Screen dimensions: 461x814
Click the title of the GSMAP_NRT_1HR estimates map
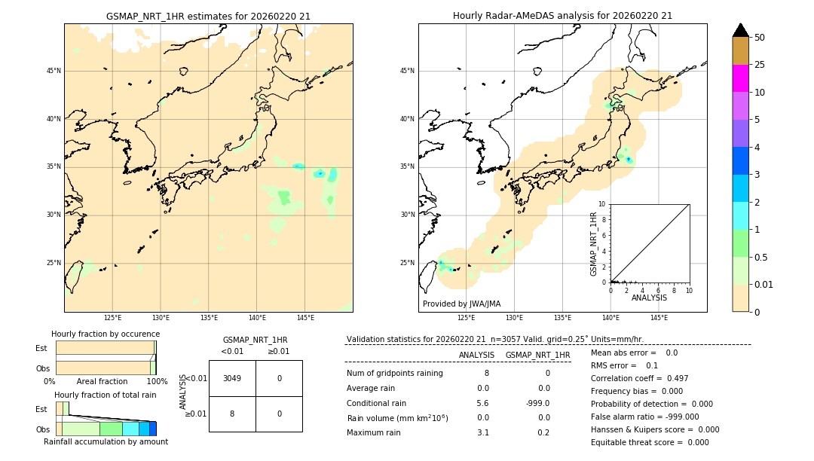pyautogui.click(x=208, y=16)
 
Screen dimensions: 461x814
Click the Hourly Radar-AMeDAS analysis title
pyautogui.click(x=562, y=16)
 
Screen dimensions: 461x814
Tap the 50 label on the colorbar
pyautogui.click(x=760, y=38)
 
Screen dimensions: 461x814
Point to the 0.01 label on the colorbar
pyautogui.click(x=764, y=284)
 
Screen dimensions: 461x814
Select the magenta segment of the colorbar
pyautogui.click(x=740, y=78)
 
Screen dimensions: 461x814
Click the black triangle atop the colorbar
pyautogui.click(x=740, y=30)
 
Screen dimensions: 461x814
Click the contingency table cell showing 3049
pyautogui.click(x=232, y=378)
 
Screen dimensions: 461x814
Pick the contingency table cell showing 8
pyautogui.click(x=232, y=414)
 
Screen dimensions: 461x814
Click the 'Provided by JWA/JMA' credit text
pyautogui.click(x=461, y=304)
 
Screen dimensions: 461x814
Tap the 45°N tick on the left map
pyautogui.click(x=54, y=71)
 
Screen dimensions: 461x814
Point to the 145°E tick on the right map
pyautogui.click(x=659, y=318)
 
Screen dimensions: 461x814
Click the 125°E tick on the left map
pyautogui.click(x=112, y=318)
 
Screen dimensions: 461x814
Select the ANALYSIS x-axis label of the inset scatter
pyautogui.click(x=649, y=298)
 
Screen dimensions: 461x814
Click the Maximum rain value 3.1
pyautogui.click(x=482, y=432)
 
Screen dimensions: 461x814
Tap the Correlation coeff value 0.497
pyautogui.click(x=673, y=378)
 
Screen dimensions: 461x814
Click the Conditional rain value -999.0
pyautogui.click(x=537, y=403)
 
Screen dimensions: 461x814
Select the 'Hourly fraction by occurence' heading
pyautogui.click(x=106, y=334)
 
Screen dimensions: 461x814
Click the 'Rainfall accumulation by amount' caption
pyautogui.click(x=106, y=441)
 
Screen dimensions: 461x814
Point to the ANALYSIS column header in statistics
pyautogui.click(x=476, y=355)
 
